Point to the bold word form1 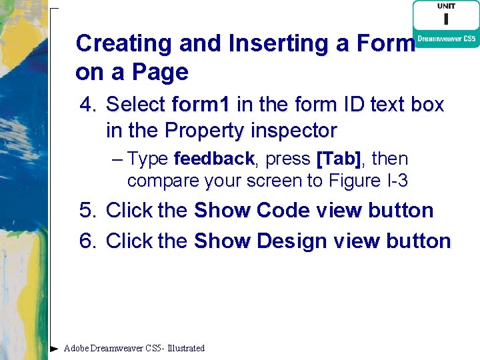click(x=201, y=105)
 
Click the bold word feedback click(x=213, y=159)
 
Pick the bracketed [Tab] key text click(x=339, y=159)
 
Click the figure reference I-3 click(x=395, y=181)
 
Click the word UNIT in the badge click(x=446, y=6)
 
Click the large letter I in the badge click(x=446, y=20)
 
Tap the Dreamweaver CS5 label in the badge click(x=446, y=39)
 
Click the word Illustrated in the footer click(x=186, y=348)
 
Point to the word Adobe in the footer click(x=77, y=348)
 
